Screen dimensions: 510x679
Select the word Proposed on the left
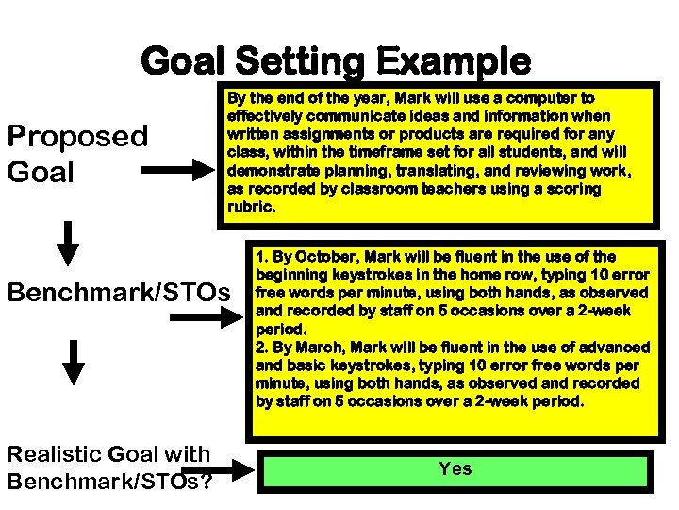pyautogui.click(x=77, y=137)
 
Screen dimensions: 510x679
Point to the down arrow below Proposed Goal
pyautogui.click(x=68, y=242)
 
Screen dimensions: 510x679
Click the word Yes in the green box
pyautogui.click(x=455, y=468)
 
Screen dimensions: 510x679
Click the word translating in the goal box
pyautogui.click(x=428, y=170)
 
